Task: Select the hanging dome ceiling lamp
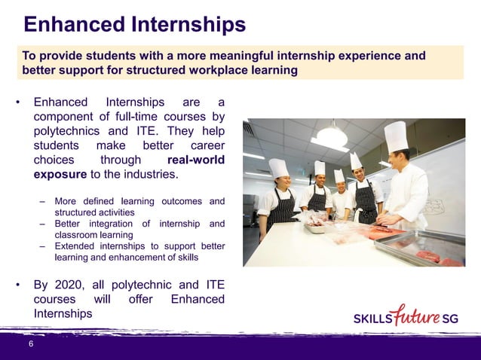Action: [x=332, y=135]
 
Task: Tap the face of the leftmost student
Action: [x=277, y=183]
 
